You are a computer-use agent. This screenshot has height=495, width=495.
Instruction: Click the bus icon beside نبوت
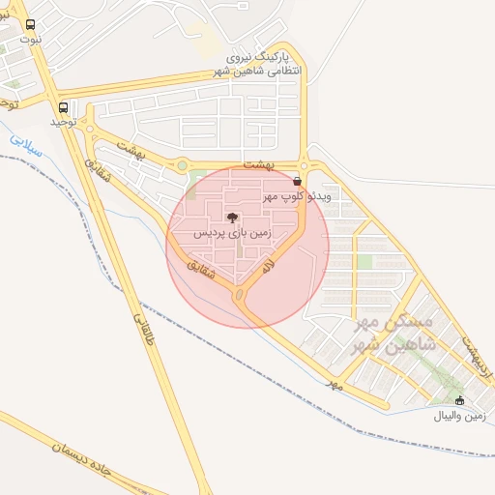[31, 25]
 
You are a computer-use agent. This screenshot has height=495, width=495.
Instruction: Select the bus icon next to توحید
[64, 106]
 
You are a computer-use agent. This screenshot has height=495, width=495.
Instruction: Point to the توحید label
[64, 124]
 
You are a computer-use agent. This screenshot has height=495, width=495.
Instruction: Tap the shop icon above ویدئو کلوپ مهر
[296, 180]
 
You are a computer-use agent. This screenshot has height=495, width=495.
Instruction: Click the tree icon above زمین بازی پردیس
[231, 218]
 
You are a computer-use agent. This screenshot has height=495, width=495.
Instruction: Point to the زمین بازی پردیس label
[233, 234]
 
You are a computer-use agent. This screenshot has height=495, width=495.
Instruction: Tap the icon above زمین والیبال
[459, 400]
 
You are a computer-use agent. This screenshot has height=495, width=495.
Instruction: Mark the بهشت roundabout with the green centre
[182, 165]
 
